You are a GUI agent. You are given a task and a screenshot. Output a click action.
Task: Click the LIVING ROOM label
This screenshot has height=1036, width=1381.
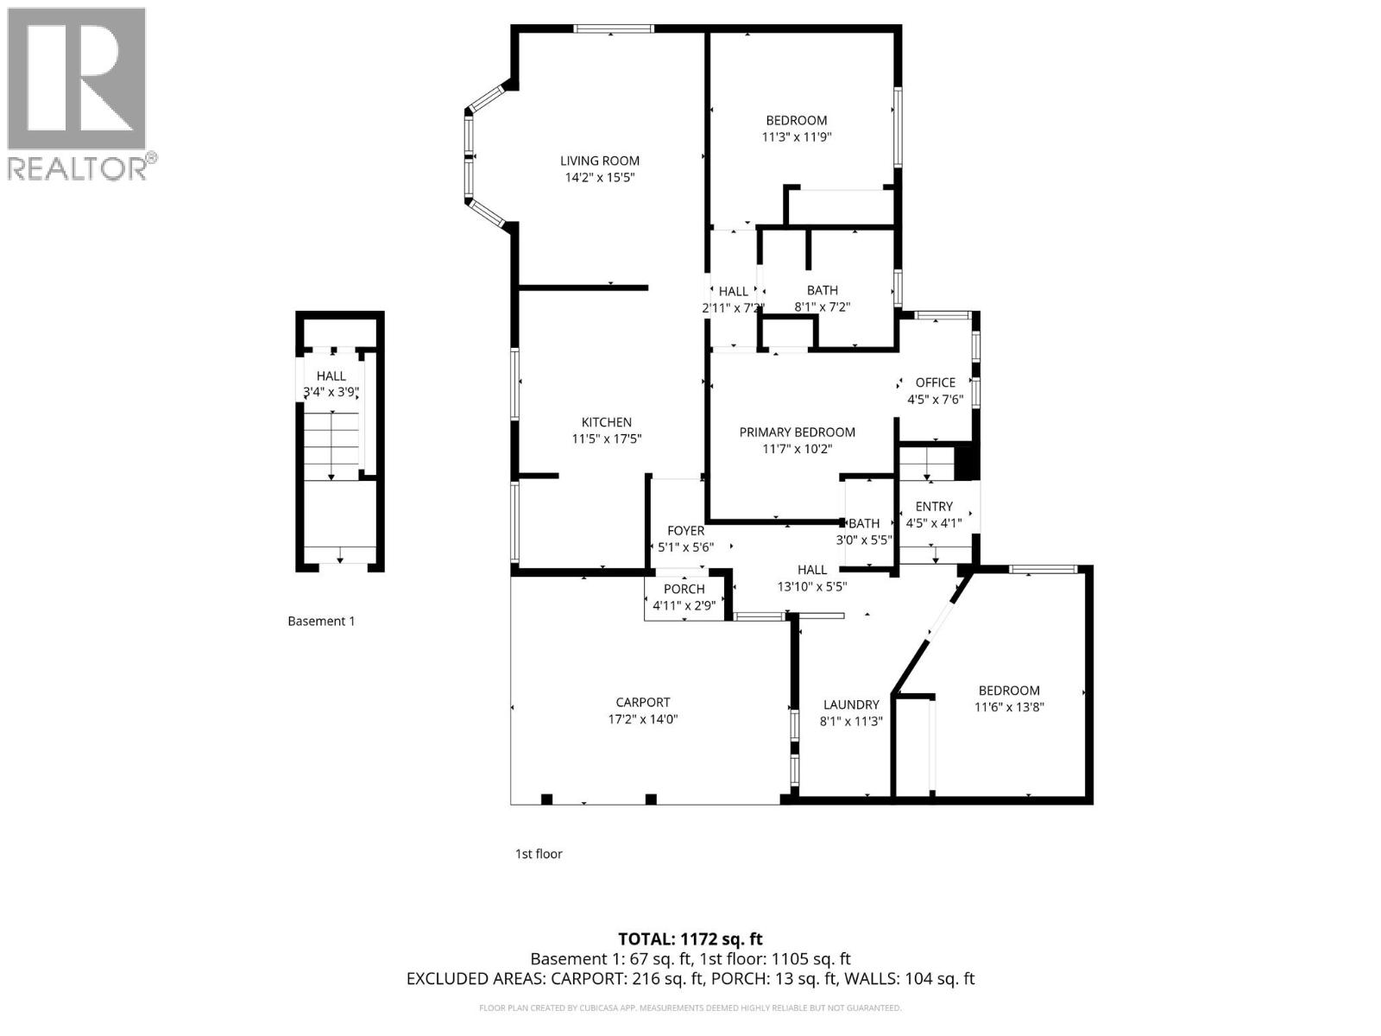600,161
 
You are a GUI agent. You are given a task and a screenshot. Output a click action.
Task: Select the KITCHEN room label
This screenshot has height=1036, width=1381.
606,422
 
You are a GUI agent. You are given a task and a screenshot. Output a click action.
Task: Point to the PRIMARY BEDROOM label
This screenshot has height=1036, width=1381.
797,432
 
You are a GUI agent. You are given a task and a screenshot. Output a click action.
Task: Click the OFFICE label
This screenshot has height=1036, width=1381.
935,382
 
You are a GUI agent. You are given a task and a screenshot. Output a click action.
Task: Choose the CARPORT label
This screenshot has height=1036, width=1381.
642,702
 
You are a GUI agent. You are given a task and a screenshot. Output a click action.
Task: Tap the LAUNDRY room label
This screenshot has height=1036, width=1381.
850,704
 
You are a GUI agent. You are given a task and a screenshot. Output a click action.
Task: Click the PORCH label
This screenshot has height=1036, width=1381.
684,589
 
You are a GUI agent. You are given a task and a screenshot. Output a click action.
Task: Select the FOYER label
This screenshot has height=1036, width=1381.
685,531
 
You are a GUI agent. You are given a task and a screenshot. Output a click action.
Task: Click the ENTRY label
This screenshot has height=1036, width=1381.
933,507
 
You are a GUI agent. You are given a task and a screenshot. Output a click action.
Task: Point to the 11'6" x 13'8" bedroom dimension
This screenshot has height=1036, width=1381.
1008,707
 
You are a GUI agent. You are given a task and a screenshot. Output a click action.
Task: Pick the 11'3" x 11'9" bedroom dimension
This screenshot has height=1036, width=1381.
796,137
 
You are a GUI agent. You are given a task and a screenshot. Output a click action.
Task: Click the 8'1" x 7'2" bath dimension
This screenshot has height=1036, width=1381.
822,306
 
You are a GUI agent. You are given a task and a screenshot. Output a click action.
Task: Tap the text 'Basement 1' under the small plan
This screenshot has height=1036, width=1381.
321,621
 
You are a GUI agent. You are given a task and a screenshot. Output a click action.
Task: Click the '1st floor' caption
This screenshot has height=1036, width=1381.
539,854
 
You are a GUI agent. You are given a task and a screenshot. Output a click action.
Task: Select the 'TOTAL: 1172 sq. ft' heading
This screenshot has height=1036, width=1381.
690,938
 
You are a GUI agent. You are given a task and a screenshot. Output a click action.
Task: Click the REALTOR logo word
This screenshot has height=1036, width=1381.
78,168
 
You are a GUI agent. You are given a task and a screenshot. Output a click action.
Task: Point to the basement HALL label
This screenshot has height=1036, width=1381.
331,376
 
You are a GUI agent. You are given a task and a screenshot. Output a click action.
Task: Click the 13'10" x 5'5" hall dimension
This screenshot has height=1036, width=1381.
811,586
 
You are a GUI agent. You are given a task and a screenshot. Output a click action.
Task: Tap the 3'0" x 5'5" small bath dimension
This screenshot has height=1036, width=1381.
863,540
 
